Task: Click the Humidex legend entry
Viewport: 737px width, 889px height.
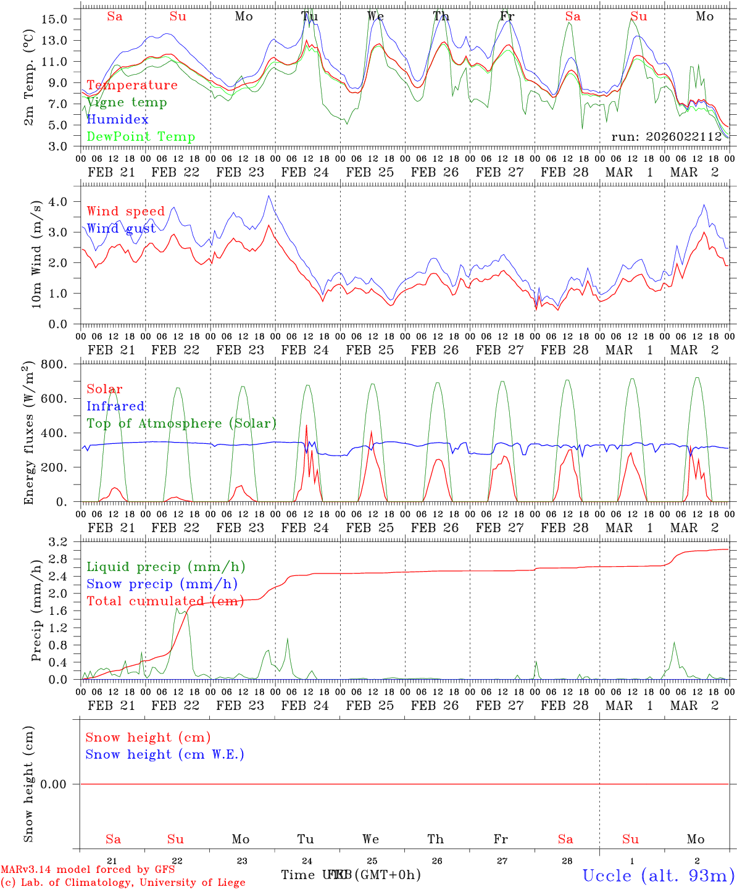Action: (x=117, y=120)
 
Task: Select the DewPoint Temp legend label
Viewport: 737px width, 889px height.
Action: (x=141, y=137)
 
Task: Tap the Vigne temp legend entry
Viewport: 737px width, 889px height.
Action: (x=127, y=102)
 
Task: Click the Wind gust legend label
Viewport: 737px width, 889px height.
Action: (x=121, y=229)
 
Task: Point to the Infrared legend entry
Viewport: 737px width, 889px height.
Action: (x=115, y=406)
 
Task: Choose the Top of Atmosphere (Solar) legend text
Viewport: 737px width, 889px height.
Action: (x=181, y=424)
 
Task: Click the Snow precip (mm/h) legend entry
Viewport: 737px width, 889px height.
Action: (x=162, y=584)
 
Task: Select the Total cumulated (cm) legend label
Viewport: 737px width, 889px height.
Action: (x=165, y=601)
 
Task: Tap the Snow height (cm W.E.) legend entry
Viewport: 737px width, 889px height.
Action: (x=165, y=754)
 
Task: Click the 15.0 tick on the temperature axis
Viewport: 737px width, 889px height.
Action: (x=54, y=19)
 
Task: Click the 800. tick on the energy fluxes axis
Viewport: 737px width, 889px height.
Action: (x=54, y=364)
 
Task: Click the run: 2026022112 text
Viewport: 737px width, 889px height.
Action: (x=667, y=137)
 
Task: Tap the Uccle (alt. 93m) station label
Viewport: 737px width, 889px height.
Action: (x=659, y=875)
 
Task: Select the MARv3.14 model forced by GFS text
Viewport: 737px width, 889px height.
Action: (x=88, y=870)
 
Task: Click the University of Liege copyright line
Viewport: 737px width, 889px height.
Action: (x=123, y=883)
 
